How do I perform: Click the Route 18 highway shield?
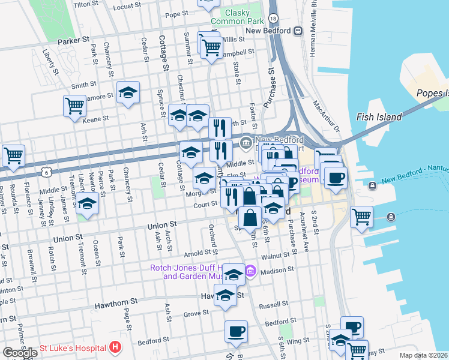(x=273, y=19)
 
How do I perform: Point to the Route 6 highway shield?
(x=47, y=172)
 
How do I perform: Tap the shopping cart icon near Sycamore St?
(x=74, y=106)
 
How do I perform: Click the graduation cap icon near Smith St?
(x=128, y=92)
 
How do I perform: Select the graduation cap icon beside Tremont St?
(x=87, y=203)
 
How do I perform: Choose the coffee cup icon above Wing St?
(x=236, y=331)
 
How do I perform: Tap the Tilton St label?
(x=85, y=4)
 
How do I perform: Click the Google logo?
(x=20, y=353)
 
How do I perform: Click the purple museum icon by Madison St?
(x=251, y=272)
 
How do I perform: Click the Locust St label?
(x=127, y=7)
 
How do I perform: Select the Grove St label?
(x=196, y=313)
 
